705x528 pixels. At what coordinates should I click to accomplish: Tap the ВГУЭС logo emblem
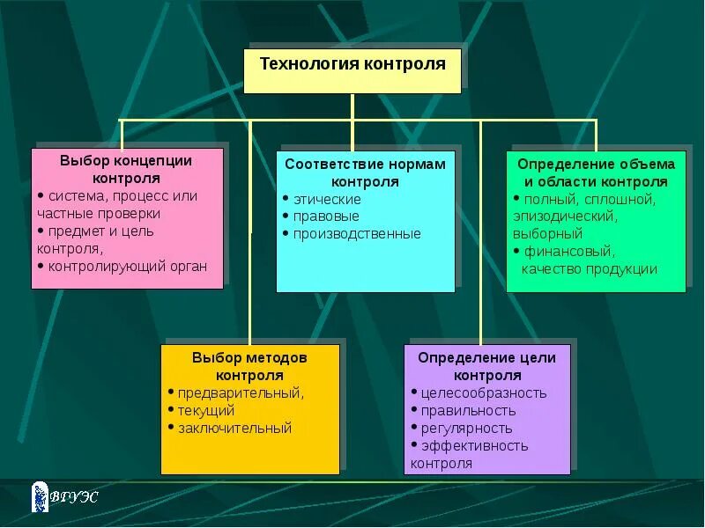pos(39,496)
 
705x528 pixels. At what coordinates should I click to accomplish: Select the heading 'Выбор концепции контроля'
pos(126,169)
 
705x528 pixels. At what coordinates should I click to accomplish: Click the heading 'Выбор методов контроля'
pos(249,366)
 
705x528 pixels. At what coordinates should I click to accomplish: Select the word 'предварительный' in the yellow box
pos(241,392)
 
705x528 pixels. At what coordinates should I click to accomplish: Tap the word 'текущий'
pos(206,410)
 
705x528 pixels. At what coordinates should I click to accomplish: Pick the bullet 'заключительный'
pos(234,428)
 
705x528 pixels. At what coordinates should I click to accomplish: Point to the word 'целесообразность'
pos(484,392)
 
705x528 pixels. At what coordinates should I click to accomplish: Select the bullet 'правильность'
pos(468,410)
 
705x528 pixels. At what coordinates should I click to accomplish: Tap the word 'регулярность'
pos(466,428)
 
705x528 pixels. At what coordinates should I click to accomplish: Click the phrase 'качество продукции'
pos(589,269)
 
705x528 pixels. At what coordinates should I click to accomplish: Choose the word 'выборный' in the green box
pos(547,234)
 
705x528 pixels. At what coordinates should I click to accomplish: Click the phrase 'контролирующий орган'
pos(129,266)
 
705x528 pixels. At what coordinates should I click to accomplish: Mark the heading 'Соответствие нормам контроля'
pos(366,172)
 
